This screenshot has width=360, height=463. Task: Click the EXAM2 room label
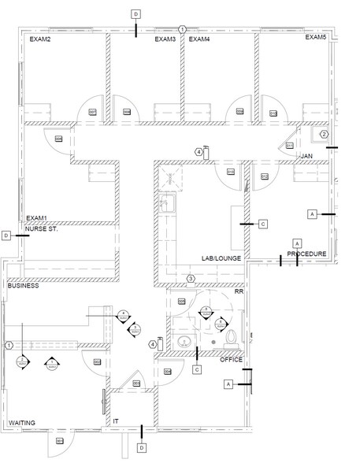pyautogui.click(x=40, y=39)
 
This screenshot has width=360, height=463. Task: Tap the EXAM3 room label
pyautogui.click(x=165, y=39)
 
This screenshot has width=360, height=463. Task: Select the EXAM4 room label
pyautogui.click(x=199, y=39)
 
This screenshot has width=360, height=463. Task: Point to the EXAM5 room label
pyautogui.click(x=316, y=38)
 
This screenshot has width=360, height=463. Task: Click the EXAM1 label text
pyautogui.click(x=37, y=218)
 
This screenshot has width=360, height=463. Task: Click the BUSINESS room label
pyautogui.click(x=24, y=287)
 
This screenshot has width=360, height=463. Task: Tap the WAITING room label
pyautogui.click(x=22, y=424)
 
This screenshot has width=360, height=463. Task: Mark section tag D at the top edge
pyautogui.click(x=135, y=15)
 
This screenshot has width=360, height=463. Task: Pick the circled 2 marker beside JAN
pyautogui.click(x=323, y=135)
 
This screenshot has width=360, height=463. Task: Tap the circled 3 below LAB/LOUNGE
pyautogui.click(x=191, y=279)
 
